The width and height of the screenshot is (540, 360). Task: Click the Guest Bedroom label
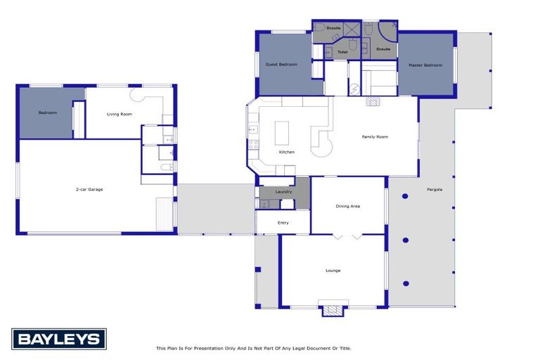coord(281,65)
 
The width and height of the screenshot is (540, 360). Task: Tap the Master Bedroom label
coord(425,65)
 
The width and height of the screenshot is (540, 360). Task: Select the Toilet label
coord(342,51)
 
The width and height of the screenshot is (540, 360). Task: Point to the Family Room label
coord(375,137)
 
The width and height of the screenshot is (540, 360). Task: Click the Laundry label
coord(283,191)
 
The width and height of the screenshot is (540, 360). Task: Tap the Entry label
coord(283,223)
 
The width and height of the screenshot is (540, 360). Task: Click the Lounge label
coord(333,270)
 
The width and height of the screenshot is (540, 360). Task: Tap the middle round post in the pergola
coord(406,240)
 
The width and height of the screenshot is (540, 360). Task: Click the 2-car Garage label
coord(90,189)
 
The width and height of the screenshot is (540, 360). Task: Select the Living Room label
coord(119,114)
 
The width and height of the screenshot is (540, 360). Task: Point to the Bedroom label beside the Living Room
coord(47,112)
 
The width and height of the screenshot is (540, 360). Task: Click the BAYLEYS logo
coord(58,339)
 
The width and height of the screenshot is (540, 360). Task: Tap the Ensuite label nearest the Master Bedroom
coord(382,49)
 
